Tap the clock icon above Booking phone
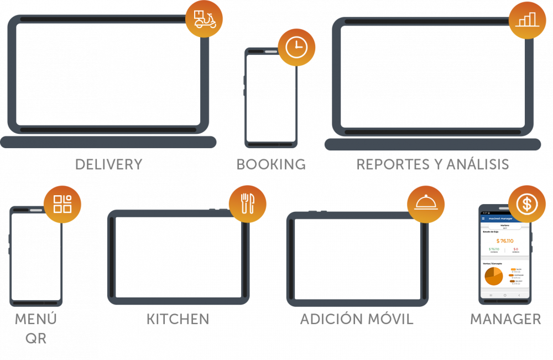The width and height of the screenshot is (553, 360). pyautogui.click(x=296, y=47)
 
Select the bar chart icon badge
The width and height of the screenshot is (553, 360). pyautogui.click(x=527, y=20)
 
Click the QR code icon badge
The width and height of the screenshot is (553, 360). pyautogui.click(x=62, y=204)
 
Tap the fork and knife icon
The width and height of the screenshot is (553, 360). pyautogui.click(x=247, y=204)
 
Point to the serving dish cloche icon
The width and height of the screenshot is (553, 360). pyautogui.click(x=426, y=204)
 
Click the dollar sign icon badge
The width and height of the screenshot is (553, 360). pyautogui.click(x=526, y=204)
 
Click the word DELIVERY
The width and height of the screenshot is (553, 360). pyautogui.click(x=108, y=164)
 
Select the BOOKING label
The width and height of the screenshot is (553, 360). pyautogui.click(x=271, y=164)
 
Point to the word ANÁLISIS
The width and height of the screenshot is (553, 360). pyautogui.click(x=481, y=164)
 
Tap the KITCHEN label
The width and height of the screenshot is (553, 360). pyautogui.click(x=178, y=319)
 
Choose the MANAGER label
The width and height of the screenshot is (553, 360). pyautogui.click(x=505, y=319)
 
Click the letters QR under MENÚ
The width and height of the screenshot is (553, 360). pyautogui.click(x=36, y=338)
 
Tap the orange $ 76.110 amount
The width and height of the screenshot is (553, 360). pyautogui.click(x=504, y=241)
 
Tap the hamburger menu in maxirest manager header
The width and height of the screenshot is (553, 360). pyautogui.click(x=483, y=218)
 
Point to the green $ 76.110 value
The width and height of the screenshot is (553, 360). pyautogui.click(x=494, y=249)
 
